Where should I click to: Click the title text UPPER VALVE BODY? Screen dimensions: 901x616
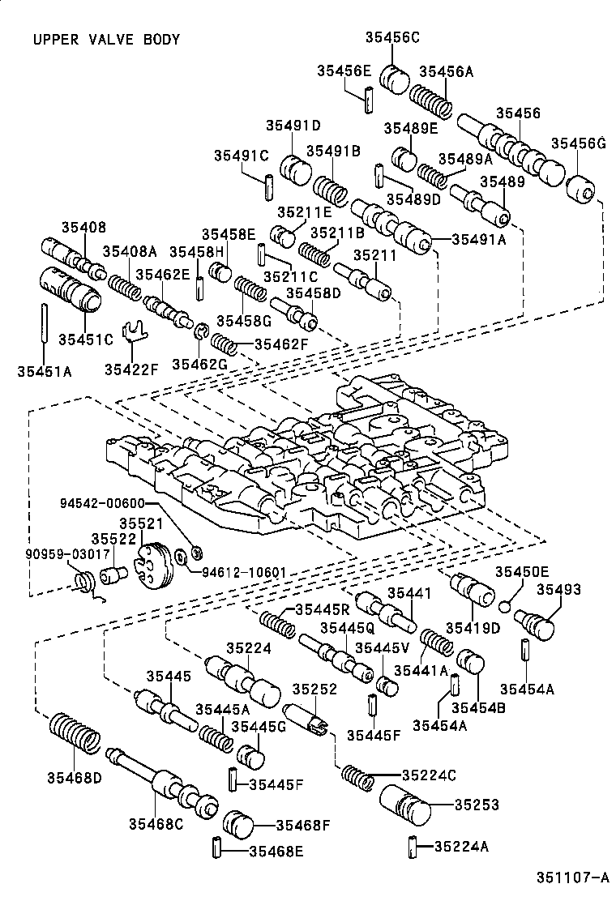pyautogui.click(x=106, y=39)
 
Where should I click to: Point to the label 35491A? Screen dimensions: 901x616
pyautogui.click(x=478, y=238)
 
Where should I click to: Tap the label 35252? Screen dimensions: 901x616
pyautogui.click(x=314, y=689)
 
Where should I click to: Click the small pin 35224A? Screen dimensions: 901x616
pyautogui.click(x=411, y=847)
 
